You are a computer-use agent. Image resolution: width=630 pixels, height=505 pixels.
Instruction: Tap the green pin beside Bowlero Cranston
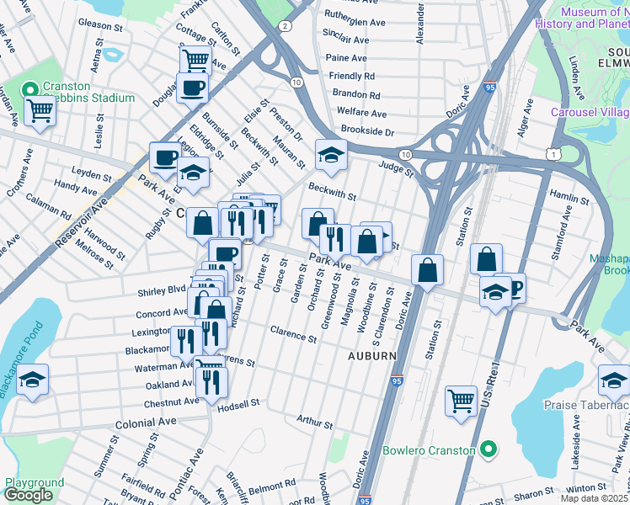(x=487, y=450)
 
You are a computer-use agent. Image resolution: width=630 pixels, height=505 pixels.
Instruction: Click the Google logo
(x=28, y=495)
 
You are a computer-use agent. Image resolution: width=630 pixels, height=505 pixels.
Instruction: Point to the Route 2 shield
(x=286, y=27)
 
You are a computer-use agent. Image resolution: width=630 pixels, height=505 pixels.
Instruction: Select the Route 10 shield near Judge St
(x=405, y=155)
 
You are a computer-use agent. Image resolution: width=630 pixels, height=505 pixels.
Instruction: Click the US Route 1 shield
(x=552, y=153)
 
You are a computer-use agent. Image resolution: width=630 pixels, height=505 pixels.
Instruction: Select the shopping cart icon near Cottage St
(x=195, y=60)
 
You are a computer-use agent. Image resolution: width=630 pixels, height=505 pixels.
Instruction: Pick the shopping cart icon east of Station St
(x=461, y=401)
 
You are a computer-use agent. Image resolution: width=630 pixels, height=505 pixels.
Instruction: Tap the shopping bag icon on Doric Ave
(x=428, y=270)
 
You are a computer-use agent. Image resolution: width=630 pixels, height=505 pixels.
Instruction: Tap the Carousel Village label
(x=590, y=112)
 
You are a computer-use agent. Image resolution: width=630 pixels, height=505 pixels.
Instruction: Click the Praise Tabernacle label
(x=586, y=405)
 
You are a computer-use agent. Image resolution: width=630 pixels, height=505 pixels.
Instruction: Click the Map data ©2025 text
(x=594, y=498)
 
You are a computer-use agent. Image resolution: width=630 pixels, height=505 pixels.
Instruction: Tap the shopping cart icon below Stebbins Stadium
(x=40, y=109)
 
